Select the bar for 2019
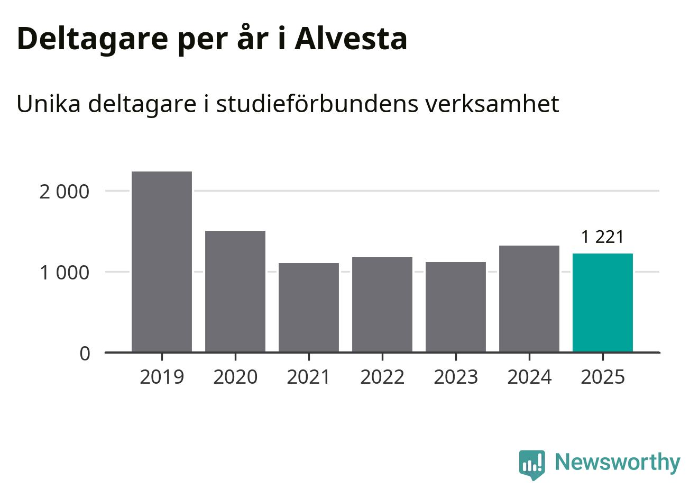point(162,261)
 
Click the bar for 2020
point(235,291)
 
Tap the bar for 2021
point(309,307)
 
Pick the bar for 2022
point(382,304)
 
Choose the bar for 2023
point(456,306)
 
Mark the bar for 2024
point(529,299)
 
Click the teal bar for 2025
point(603,302)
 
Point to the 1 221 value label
point(603,237)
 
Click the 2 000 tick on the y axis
point(65,192)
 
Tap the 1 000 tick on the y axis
point(65,273)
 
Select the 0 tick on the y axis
point(85,354)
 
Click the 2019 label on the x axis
point(162,377)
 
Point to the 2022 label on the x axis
point(382,377)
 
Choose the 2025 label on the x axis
point(603,377)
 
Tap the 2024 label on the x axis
point(529,377)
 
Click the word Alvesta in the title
point(351,39)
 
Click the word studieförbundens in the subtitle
point(316,104)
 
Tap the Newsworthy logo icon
point(532,465)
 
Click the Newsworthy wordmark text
point(618,462)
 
